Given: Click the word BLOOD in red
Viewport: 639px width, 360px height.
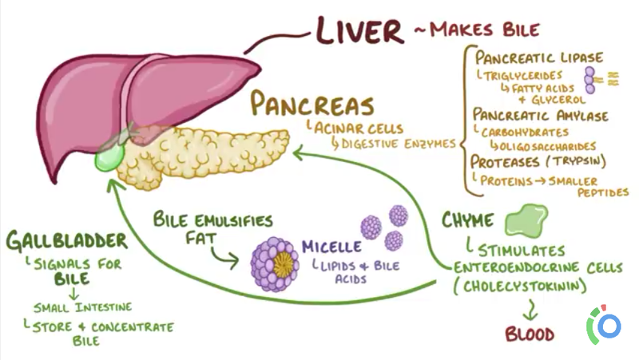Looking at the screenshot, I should [530, 333].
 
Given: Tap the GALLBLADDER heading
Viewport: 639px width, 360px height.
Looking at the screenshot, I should [65, 241].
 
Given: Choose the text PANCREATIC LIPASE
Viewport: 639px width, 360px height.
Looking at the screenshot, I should [539, 57].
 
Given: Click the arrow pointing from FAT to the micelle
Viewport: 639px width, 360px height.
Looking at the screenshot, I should [224, 255].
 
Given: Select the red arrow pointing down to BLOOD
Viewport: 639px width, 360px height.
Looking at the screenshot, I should [529, 309].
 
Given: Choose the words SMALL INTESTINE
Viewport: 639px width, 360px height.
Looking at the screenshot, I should [82, 307].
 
